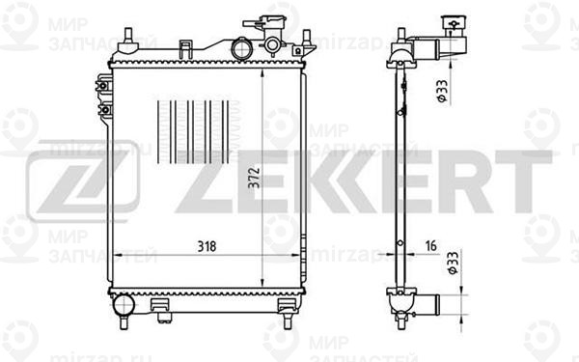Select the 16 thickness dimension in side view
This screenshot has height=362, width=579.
(430, 246)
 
